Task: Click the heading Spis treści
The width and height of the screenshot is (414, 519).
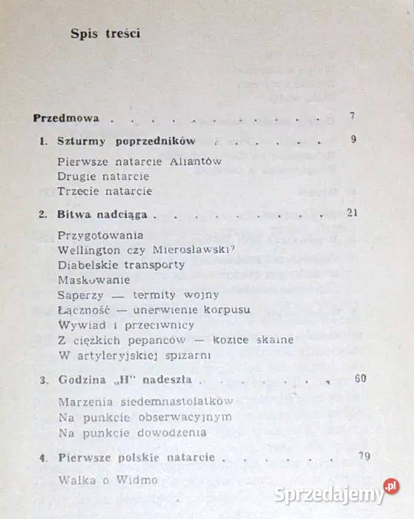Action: click(105, 33)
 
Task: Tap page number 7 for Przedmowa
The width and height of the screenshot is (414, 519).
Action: click(352, 116)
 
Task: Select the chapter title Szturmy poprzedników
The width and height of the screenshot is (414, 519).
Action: click(126, 141)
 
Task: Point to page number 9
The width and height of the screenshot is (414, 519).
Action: click(352, 139)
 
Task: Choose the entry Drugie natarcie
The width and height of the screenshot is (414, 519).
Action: click(103, 176)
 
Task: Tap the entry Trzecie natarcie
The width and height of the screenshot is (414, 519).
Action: click(105, 191)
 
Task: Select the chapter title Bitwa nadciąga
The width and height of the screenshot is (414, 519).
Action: click(103, 215)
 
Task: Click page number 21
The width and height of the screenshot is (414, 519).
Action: click(352, 213)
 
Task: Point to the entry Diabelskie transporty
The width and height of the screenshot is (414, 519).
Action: click(121, 265)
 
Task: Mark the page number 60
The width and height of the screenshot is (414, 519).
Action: click(361, 378)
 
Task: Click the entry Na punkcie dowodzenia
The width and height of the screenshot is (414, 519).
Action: click(132, 432)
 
